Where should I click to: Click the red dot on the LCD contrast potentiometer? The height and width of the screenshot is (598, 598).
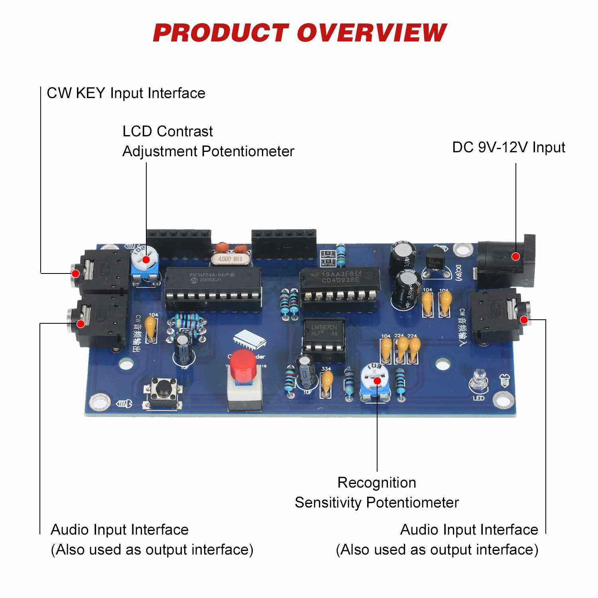(146, 260)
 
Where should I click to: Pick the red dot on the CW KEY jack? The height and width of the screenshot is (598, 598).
(75, 273)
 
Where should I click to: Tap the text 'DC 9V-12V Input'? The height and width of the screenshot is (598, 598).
(508, 148)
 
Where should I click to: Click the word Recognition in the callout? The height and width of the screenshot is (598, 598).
(377, 482)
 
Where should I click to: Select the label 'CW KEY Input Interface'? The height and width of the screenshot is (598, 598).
(126, 93)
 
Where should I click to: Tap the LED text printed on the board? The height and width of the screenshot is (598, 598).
(478, 398)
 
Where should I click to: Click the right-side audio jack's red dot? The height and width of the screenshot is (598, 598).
(524, 320)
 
